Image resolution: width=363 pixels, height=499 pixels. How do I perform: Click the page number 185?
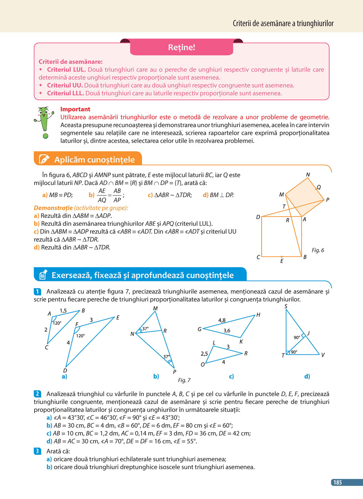pyautogui.click(x=338, y=482)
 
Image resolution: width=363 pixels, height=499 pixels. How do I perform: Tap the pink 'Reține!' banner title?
pyautogui.click(x=181, y=47)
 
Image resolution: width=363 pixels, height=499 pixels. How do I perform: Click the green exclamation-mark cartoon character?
pyautogui.click(x=44, y=122)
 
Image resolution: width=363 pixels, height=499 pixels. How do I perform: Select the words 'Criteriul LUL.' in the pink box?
pyautogui.click(x=66, y=69)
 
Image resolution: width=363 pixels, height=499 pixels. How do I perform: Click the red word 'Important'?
pyautogui.click(x=75, y=109)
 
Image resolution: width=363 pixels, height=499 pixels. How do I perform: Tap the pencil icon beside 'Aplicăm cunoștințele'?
pyautogui.click(x=44, y=159)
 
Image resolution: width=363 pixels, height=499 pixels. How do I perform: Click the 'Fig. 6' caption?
pyautogui.click(x=318, y=250)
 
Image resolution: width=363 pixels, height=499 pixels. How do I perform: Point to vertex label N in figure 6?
pyautogui.click(x=308, y=175)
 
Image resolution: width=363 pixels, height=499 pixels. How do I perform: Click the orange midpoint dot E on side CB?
pyautogui.click(x=282, y=257)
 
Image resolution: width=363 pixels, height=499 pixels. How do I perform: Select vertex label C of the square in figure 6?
pyautogui.click(x=258, y=257)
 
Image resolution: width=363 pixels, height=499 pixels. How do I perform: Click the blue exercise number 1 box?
pyautogui.click(x=38, y=291)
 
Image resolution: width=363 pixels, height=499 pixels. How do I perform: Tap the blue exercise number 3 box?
pyautogui.click(x=38, y=451)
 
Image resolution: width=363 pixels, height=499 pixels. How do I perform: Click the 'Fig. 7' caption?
pyautogui.click(x=184, y=380)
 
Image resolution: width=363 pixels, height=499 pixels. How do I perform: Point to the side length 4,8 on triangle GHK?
pyautogui.click(x=222, y=320)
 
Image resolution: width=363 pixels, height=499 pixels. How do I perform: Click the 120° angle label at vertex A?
pyautogui.click(x=57, y=323)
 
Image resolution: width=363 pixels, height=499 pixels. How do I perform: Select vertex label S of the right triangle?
pyautogui.click(x=286, y=306)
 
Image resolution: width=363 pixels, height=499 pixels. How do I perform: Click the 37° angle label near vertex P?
pyautogui.click(x=166, y=357)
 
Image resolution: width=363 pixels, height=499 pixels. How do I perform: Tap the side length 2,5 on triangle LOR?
pyautogui.click(x=204, y=354)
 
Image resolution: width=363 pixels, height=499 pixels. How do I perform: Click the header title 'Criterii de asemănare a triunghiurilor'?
pyautogui.click(x=283, y=24)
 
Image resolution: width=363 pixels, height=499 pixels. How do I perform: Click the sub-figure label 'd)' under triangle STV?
pyautogui.click(x=307, y=377)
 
